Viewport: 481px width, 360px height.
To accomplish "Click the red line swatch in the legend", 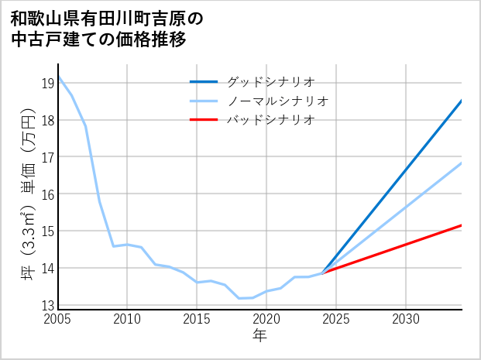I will click(204, 119).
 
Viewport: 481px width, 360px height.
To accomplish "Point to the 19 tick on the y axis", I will click(47, 83).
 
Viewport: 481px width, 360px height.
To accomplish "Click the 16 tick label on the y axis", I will click(47, 194).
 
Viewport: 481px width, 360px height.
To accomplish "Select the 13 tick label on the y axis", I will click(47, 305).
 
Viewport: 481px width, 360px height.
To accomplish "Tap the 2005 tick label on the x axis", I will click(58, 319).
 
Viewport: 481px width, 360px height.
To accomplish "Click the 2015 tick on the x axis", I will click(197, 319).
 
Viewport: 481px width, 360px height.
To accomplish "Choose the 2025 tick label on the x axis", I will click(336, 319).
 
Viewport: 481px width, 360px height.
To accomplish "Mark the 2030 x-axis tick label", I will click(406, 319).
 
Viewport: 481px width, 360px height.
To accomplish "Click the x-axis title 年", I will click(259, 335).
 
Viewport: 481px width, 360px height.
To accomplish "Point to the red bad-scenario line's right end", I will click(461, 225).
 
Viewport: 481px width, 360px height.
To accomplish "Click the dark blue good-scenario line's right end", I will click(461, 101).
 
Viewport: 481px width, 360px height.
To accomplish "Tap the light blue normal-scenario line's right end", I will click(461, 163).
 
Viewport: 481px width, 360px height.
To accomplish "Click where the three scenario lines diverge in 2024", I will click(322, 273).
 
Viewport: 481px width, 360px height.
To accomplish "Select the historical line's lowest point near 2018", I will click(239, 298).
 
